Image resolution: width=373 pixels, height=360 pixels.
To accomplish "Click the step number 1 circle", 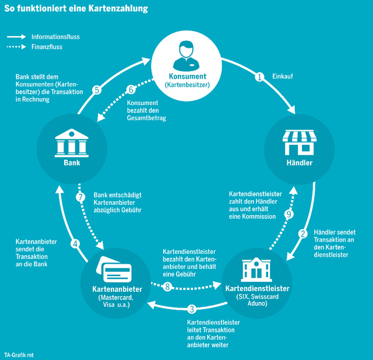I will pos(261,76).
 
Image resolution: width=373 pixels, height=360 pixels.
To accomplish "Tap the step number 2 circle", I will pos(303,234).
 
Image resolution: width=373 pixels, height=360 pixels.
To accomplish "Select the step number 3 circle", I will pos(192,309).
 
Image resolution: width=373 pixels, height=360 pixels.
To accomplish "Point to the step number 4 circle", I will pos(75,243).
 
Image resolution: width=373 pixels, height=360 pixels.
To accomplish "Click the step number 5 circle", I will pos(97,89).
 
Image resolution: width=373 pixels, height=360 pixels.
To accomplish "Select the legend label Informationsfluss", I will pos(55,36).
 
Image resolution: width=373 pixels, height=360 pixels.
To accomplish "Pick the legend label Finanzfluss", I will pos(47,47).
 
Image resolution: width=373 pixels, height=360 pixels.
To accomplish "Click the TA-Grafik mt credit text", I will pos(19,354).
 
